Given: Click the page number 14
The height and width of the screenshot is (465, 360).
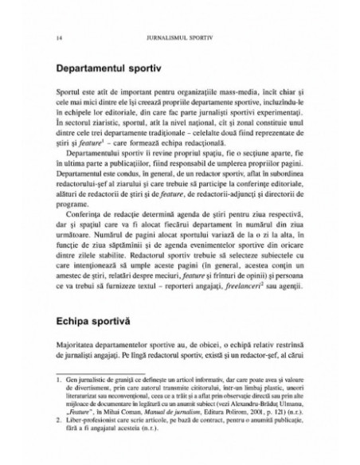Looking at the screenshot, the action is (52, 37).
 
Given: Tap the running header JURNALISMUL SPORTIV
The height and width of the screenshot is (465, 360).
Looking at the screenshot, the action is (179, 37).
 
